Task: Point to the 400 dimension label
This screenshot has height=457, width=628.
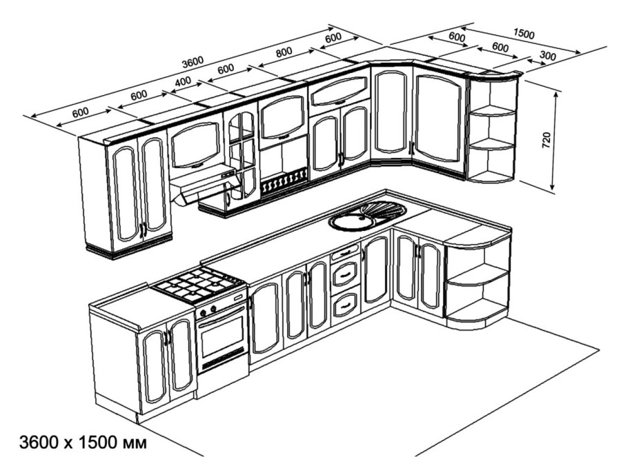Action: (x=183, y=82)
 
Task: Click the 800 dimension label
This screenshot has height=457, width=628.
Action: (x=282, y=50)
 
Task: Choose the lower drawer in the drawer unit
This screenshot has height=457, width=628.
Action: (x=345, y=302)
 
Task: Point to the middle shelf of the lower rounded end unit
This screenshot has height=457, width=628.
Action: (x=476, y=276)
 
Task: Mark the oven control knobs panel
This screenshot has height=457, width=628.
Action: (x=222, y=305)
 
